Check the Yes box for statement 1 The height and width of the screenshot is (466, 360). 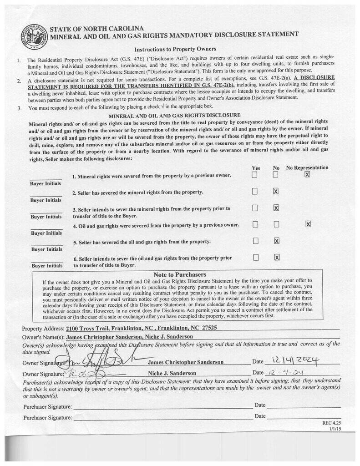click(x=255, y=175)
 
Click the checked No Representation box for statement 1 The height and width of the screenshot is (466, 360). click(x=308, y=174)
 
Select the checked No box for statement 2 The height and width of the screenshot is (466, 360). click(x=276, y=191)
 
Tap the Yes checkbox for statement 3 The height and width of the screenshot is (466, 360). click(x=255, y=208)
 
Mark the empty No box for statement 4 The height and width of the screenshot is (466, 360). click(x=276, y=224)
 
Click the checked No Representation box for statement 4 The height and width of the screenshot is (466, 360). click(x=308, y=224)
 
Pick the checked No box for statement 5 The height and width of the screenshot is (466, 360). click(x=276, y=241)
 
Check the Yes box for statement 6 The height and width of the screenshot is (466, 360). click(x=255, y=258)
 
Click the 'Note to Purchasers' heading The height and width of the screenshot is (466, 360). click(x=180, y=274)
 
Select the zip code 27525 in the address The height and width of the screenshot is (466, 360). click(x=208, y=328)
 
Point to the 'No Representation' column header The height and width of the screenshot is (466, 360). click(x=307, y=167)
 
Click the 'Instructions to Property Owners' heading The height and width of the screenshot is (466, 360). click(x=175, y=49)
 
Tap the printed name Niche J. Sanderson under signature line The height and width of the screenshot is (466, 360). click(x=169, y=373)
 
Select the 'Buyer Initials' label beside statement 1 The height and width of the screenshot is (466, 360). click(x=46, y=184)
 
